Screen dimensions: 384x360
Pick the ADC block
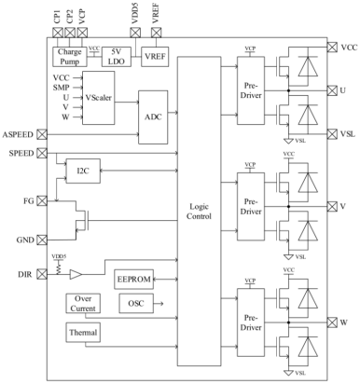(x=153, y=117)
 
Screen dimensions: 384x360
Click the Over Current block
(x=82, y=305)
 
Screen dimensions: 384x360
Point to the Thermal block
(x=82, y=333)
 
